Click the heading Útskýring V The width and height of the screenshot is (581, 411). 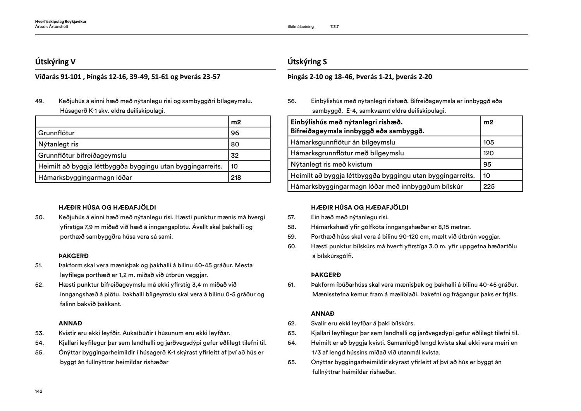point(55,62)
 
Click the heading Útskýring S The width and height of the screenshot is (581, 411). point(307,62)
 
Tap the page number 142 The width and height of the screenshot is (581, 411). point(38,391)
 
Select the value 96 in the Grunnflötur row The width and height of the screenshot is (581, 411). point(235,133)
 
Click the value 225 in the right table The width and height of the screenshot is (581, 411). point(489,186)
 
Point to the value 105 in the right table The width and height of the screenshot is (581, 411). point(488,142)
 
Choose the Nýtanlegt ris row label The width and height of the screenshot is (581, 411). point(58,144)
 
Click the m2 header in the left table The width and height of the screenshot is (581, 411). point(236,122)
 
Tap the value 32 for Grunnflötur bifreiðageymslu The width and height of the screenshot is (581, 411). point(235,155)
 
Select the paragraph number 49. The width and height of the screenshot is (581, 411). point(39,101)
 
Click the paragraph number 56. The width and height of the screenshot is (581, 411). point(292,101)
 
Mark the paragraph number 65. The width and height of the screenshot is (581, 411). point(292,362)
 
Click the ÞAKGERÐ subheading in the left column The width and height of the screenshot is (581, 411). point(74,256)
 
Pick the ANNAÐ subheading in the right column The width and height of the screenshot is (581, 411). point(323,314)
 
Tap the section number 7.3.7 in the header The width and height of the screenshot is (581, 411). point(334,27)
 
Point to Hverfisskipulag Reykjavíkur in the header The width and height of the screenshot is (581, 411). point(60,22)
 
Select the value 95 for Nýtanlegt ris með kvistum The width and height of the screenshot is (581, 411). point(487,164)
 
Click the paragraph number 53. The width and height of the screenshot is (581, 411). point(39,333)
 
